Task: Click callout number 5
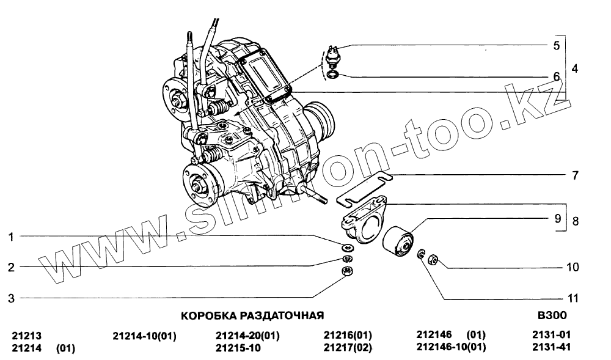[x=556, y=46]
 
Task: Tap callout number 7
[x=575, y=175]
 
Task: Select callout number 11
[x=573, y=298]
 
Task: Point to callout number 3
[x=11, y=298]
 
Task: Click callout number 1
[x=11, y=237]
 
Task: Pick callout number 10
[x=573, y=267]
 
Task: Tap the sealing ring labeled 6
[x=332, y=74]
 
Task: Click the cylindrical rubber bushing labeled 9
[x=398, y=241]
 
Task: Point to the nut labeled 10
[x=433, y=259]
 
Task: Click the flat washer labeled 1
[x=347, y=247]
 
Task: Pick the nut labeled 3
[x=347, y=271]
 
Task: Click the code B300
[x=552, y=315]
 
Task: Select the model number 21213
[x=26, y=336]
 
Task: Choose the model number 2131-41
[x=551, y=347]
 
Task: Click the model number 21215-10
[x=238, y=348]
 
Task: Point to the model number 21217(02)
[x=348, y=348]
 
